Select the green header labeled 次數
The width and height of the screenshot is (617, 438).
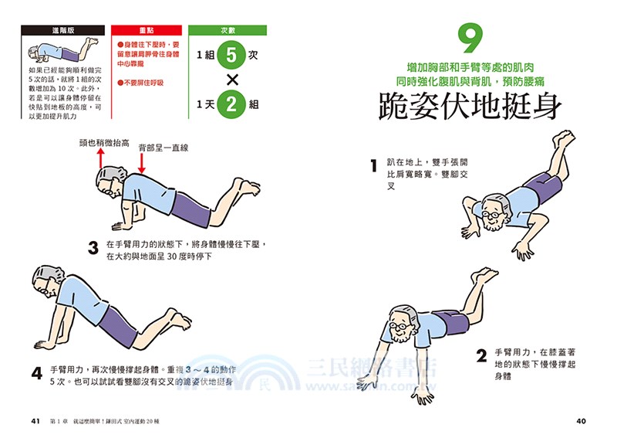point(228,30)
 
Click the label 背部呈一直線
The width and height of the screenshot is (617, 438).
point(164,147)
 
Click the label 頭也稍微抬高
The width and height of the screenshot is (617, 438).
point(103,142)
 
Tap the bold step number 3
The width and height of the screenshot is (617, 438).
point(93,248)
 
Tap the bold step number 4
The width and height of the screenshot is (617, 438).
point(36,373)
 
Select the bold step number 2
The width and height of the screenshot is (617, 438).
point(480,356)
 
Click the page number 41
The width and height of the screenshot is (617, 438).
point(34,421)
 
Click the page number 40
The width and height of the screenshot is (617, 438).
point(582,421)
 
